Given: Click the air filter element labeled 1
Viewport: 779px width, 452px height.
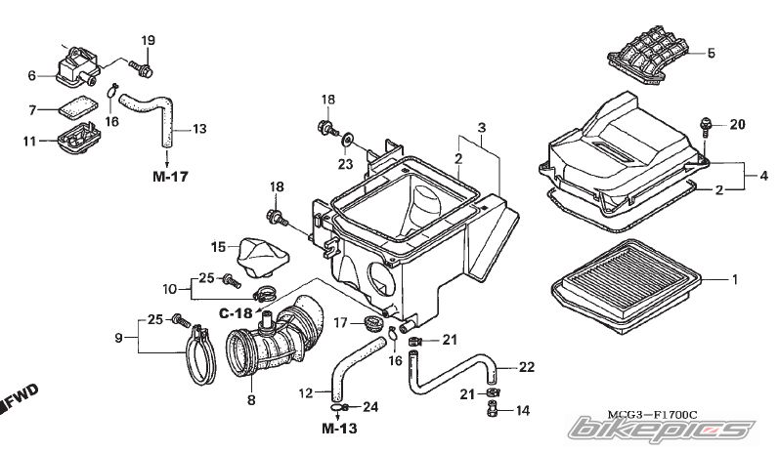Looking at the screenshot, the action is click(626, 286).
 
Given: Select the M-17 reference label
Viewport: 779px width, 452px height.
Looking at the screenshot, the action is click(170, 176).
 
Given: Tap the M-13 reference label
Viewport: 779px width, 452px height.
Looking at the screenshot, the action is click(339, 429).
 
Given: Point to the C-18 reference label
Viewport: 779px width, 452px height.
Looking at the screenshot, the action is click(236, 313).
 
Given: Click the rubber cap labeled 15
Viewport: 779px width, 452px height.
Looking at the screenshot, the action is click(263, 259).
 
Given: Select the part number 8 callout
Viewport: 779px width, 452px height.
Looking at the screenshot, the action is click(251, 399).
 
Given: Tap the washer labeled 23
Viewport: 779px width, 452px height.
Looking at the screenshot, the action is click(347, 140).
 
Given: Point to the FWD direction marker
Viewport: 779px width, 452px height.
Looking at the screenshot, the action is click(19, 397).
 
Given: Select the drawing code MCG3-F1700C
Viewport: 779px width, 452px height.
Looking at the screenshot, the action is click(652, 414).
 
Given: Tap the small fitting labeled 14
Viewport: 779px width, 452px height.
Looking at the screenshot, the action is click(492, 409).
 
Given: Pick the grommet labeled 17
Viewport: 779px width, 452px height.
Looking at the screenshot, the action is click(370, 322).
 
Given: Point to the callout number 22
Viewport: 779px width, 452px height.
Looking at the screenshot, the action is click(527, 367).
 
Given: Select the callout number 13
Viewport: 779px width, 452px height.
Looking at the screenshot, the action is click(198, 129).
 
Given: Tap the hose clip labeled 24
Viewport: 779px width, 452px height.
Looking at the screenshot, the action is click(338, 408).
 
